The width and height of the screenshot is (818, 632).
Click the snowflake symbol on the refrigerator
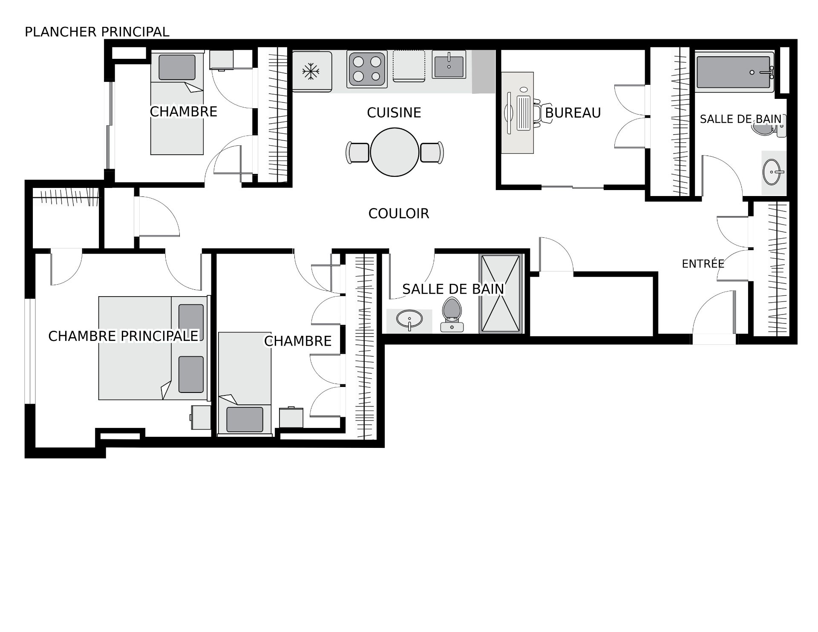pyautogui.click(x=311, y=71)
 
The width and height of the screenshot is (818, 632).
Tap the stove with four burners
pyautogui.click(x=367, y=69)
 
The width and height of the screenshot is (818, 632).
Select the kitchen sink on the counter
pyautogui.click(x=449, y=64)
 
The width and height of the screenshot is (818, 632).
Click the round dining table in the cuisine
pyautogui.click(x=395, y=152)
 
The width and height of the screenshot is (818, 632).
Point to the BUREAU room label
pyautogui.click(x=573, y=113)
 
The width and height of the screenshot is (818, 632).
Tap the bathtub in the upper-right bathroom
pyautogui.click(x=735, y=72)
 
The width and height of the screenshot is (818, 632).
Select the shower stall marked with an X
pyautogui.click(x=501, y=294)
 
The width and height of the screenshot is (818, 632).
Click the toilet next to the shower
pyautogui.click(x=452, y=314)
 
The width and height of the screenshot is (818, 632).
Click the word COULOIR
pyautogui.click(x=398, y=214)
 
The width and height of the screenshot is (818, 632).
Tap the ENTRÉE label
pyautogui.click(x=703, y=264)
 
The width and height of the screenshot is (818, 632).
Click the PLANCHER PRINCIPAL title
pyautogui.click(x=97, y=32)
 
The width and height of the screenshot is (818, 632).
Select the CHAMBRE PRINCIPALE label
pyautogui.click(x=123, y=336)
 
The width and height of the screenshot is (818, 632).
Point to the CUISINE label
pyautogui.click(x=394, y=113)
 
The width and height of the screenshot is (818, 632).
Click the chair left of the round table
pyautogui.click(x=357, y=152)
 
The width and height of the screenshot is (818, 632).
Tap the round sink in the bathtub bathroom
pyautogui.click(x=773, y=172)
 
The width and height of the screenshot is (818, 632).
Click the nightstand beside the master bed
pyautogui.click(x=201, y=417)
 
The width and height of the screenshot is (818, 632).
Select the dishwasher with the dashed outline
pyautogui.click(x=409, y=66)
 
